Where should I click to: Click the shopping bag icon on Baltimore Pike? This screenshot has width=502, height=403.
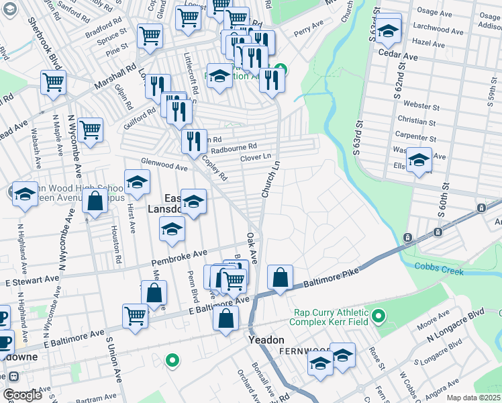click(x=280, y=277)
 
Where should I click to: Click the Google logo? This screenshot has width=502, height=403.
click(x=22, y=394)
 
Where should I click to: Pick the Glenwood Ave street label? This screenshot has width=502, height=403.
click(x=164, y=165)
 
